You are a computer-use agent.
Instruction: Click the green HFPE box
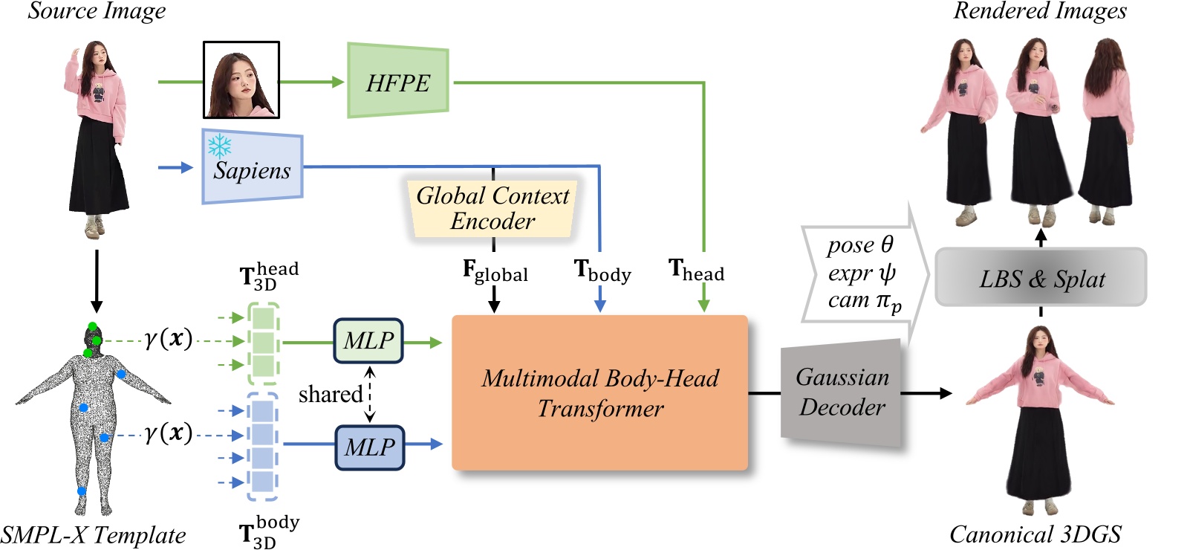pyautogui.click(x=398, y=82)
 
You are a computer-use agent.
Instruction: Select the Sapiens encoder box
pyautogui.click(x=253, y=168)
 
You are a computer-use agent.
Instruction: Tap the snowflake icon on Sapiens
pyautogui.click(x=220, y=146)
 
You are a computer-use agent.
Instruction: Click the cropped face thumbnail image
pyautogui.click(x=241, y=80)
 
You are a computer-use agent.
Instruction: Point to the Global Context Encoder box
pyautogui.click(x=492, y=208)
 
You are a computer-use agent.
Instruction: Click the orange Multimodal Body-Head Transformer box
pyautogui.click(x=599, y=392)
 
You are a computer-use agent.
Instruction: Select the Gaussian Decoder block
pyautogui.click(x=841, y=392)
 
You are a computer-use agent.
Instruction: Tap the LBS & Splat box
pyautogui.click(x=1041, y=279)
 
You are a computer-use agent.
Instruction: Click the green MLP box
pyautogui.click(x=368, y=340)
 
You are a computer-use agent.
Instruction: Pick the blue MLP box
pyautogui.click(x=370, y=447)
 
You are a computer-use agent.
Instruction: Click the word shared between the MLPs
pyautogui.click(x=330, y=394)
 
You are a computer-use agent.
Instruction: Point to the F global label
pyautogui.click(x=495, y=271)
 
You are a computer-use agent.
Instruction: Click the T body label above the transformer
pyautogui.click(x=602, y=271)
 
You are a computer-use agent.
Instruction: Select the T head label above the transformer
pyautogui.click(x=696, y=270)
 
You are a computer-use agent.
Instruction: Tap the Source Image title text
pyautogui.click(x=97, y=11)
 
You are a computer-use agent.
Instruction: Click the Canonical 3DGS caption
pyautogui.click(x=1035, y=534)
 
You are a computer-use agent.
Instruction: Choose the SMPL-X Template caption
pyautogui.click(x=94, y=535)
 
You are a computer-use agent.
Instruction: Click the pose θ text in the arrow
pyautogui.click(x=860, y=245)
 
